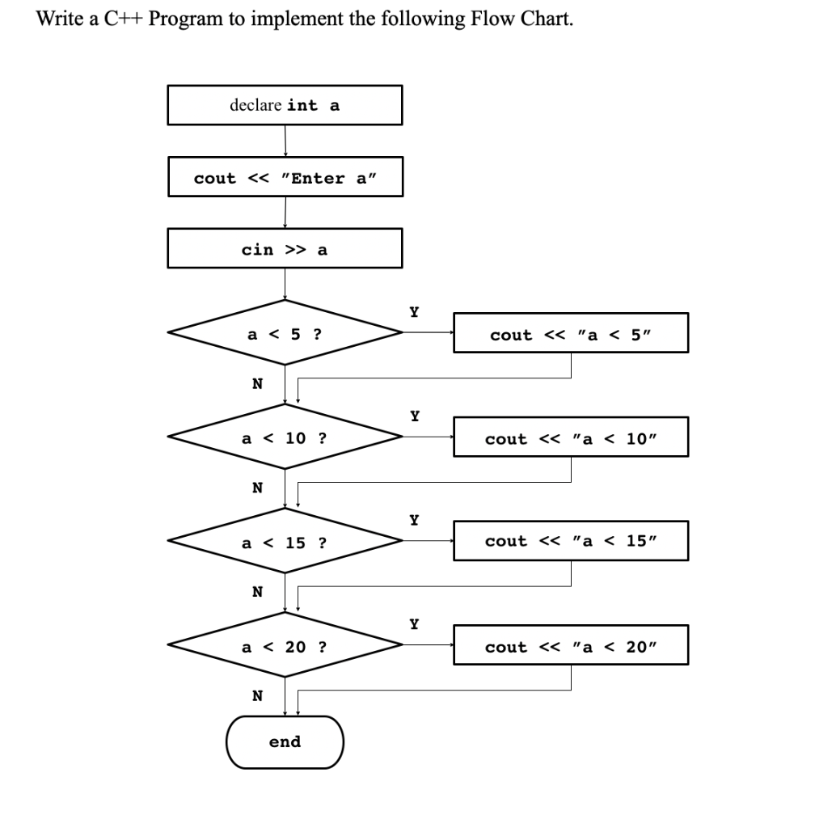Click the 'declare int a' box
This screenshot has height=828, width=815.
[285, 105]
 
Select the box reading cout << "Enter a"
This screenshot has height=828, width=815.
[285, 178]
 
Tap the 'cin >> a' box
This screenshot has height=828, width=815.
[285, 249]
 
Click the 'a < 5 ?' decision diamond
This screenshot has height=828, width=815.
[285, 332]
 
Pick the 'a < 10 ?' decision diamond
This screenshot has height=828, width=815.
[285, 437]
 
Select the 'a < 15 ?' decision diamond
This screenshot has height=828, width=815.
[285, 541]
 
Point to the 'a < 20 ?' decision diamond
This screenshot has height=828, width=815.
[285, 646]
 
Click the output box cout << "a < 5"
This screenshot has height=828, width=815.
[571, 333]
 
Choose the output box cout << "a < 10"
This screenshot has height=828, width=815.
[571, 437]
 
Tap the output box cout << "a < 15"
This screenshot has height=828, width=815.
[571, 541]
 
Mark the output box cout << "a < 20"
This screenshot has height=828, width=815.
[571, 646]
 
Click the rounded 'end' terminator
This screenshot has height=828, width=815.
[285, 741]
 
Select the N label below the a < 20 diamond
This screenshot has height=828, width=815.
[257, 695]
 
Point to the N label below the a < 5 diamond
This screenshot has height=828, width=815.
[257, 383]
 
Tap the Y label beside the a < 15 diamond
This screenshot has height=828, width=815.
[414, 519]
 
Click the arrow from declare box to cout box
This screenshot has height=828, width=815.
[285, 141]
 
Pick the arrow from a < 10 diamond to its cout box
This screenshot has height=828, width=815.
[427, 437]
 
